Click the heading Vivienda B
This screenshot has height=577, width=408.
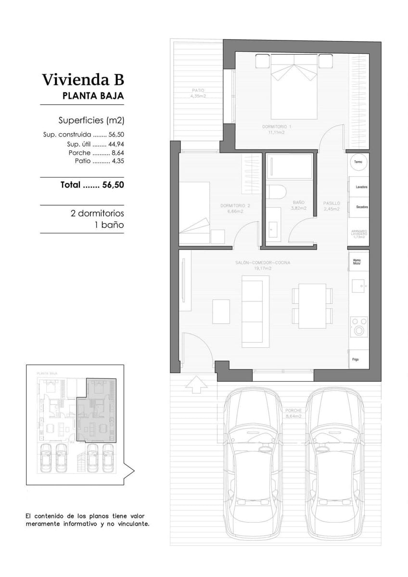click(83, 79)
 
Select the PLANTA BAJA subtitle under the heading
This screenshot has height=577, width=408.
click(93, 96)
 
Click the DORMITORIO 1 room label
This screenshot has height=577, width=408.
click(277, 126)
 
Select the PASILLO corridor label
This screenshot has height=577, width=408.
click(331, 203)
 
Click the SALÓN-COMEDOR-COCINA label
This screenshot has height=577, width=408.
click(263, 263)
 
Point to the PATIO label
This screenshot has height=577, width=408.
click(198, 90)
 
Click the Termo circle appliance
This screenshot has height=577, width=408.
click(358, 162)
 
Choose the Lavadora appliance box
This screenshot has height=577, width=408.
click(359, 187)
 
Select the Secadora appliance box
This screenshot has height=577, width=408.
click(359, 207)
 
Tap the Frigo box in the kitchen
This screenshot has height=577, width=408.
click(357, 359)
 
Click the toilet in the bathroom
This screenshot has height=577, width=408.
click(277, 191)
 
